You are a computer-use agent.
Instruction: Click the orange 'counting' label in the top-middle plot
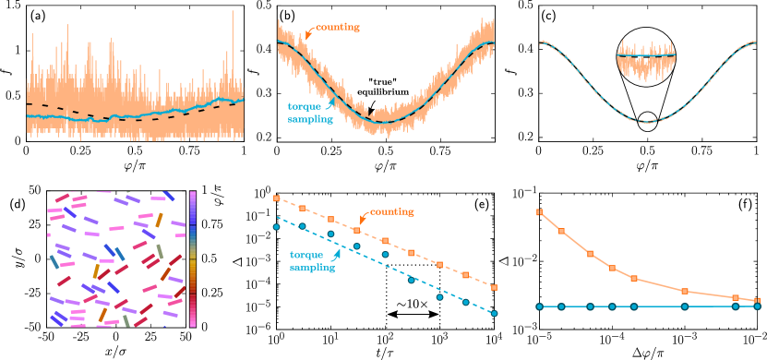pos(338,27)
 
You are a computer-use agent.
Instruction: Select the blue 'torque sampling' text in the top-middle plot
pos(306,112)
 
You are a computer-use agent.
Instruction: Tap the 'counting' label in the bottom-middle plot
pos(391,213)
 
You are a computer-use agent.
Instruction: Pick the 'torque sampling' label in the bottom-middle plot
pos(313,261)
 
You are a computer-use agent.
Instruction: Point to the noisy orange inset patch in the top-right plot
pos(646,55)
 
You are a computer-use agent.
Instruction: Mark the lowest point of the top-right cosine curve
pos(648,122)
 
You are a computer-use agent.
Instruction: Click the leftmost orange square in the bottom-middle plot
pos(276,198)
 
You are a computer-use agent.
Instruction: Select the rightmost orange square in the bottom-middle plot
pos(495,287)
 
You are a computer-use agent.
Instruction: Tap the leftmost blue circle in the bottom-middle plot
pos(276,226)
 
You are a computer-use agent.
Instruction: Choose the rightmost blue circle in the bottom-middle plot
pos(495,314)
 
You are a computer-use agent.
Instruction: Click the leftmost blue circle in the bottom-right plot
pos(539,306)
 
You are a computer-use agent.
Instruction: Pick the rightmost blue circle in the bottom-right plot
pos(756,306)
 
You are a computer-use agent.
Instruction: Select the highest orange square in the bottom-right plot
pos(539,212)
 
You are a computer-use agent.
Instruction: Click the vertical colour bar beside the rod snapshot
pos(193,258)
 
